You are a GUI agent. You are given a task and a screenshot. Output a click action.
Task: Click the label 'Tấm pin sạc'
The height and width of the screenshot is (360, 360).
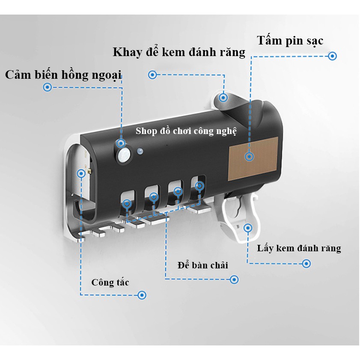tap(290, 41)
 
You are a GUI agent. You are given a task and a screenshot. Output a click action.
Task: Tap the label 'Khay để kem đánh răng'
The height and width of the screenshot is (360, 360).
tap(179, 52)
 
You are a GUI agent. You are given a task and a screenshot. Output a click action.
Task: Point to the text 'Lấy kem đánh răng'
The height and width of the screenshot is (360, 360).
tap(299, 248)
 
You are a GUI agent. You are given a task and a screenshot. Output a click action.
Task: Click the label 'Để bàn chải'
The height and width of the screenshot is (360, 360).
tap(202, 265)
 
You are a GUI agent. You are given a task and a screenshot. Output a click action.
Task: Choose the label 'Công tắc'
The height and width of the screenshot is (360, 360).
tap(110, 283)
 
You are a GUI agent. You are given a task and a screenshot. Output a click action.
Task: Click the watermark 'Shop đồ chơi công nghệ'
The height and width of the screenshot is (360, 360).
tap(186, 131)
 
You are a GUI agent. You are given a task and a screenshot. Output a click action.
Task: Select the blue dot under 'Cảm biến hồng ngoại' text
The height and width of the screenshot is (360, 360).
tap(48, 87)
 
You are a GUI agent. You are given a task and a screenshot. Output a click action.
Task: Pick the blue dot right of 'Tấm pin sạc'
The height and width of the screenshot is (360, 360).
tap(333, 56)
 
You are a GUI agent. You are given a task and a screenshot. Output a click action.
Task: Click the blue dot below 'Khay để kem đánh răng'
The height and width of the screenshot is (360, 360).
tap(152, 75)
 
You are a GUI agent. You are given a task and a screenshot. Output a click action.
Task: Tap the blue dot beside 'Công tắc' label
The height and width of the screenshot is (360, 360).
tap(142, 295)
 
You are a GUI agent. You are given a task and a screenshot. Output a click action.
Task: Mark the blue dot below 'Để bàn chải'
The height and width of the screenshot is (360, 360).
tap(234, 280)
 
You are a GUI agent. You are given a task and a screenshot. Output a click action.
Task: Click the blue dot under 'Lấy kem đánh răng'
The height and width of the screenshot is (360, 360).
tap(306, 264)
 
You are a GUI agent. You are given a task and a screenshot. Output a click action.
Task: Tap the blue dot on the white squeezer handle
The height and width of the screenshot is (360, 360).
tap(247, 227)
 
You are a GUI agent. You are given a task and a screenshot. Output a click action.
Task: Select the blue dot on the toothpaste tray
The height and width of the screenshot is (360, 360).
tap(223, 97)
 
